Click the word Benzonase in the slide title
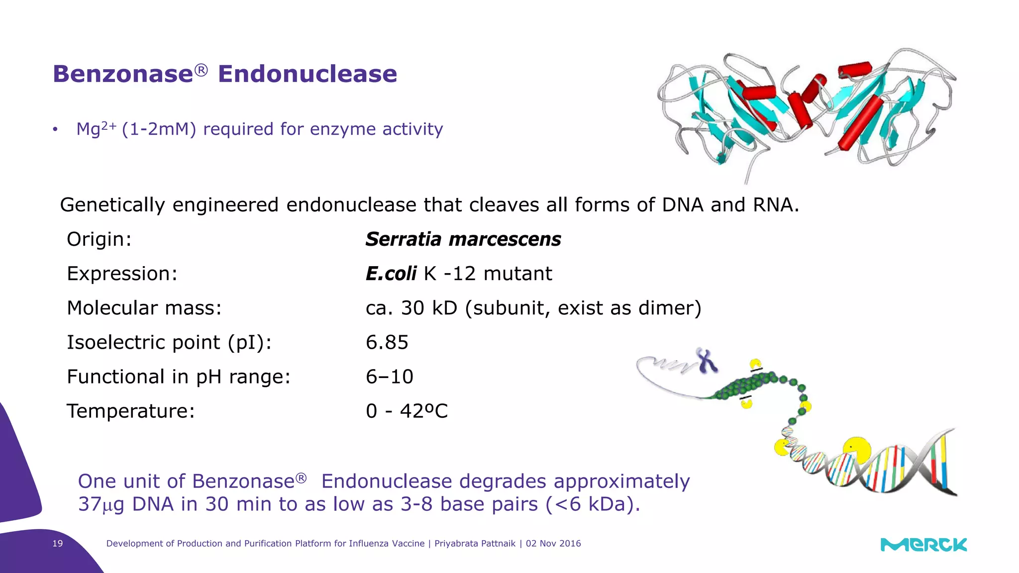[x=123, y=74]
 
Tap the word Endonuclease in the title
[x=307, y=74]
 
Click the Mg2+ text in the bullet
[x=96, y=129]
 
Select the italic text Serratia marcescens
[x=463, y=239]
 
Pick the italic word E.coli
[x=391, y=274]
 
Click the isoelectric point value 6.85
[x=387, y=342]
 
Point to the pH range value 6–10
[x=389, y=377]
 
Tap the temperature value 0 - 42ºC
[x=407, y=411]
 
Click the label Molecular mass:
[x=144, y=308]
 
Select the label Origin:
[x=99, y=239]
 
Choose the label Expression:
[x=122, y=274]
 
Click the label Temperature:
[x=131, y=411]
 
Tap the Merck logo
[x=923, y=545]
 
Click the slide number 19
[x=58, y=544]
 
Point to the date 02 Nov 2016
[x=553, y=544]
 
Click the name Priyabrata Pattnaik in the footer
[x=475, y=544]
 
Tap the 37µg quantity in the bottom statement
[x=101, y=504]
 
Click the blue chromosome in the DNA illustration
[x=707, y=361]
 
